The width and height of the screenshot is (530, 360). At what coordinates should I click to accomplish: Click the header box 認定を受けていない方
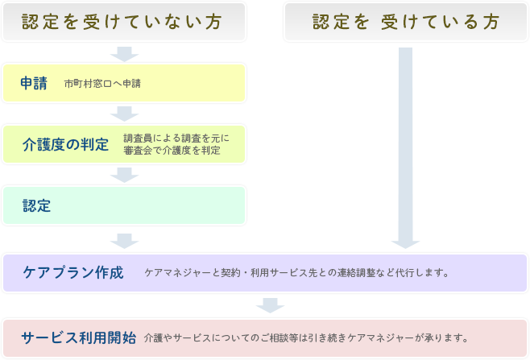123,22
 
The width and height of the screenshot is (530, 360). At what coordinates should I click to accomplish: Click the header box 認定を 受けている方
406,22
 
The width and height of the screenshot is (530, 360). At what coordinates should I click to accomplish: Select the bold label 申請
35,83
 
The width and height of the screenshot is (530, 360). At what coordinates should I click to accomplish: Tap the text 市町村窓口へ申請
102,84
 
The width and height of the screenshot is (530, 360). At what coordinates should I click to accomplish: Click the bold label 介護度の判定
66,144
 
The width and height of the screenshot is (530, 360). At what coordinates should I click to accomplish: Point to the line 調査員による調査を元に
176,139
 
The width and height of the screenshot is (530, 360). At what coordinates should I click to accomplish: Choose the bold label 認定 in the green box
37,205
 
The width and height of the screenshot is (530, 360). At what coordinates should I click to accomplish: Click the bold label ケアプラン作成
73,272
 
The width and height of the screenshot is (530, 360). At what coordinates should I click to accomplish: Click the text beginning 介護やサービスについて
306,337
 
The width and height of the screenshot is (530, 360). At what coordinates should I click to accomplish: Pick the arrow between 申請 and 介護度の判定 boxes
123,114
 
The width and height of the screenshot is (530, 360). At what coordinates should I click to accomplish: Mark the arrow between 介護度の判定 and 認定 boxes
123,175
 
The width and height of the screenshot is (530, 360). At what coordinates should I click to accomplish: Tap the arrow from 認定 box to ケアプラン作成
123,239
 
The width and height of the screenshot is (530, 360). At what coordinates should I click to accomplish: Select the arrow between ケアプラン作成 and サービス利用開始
270,305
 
